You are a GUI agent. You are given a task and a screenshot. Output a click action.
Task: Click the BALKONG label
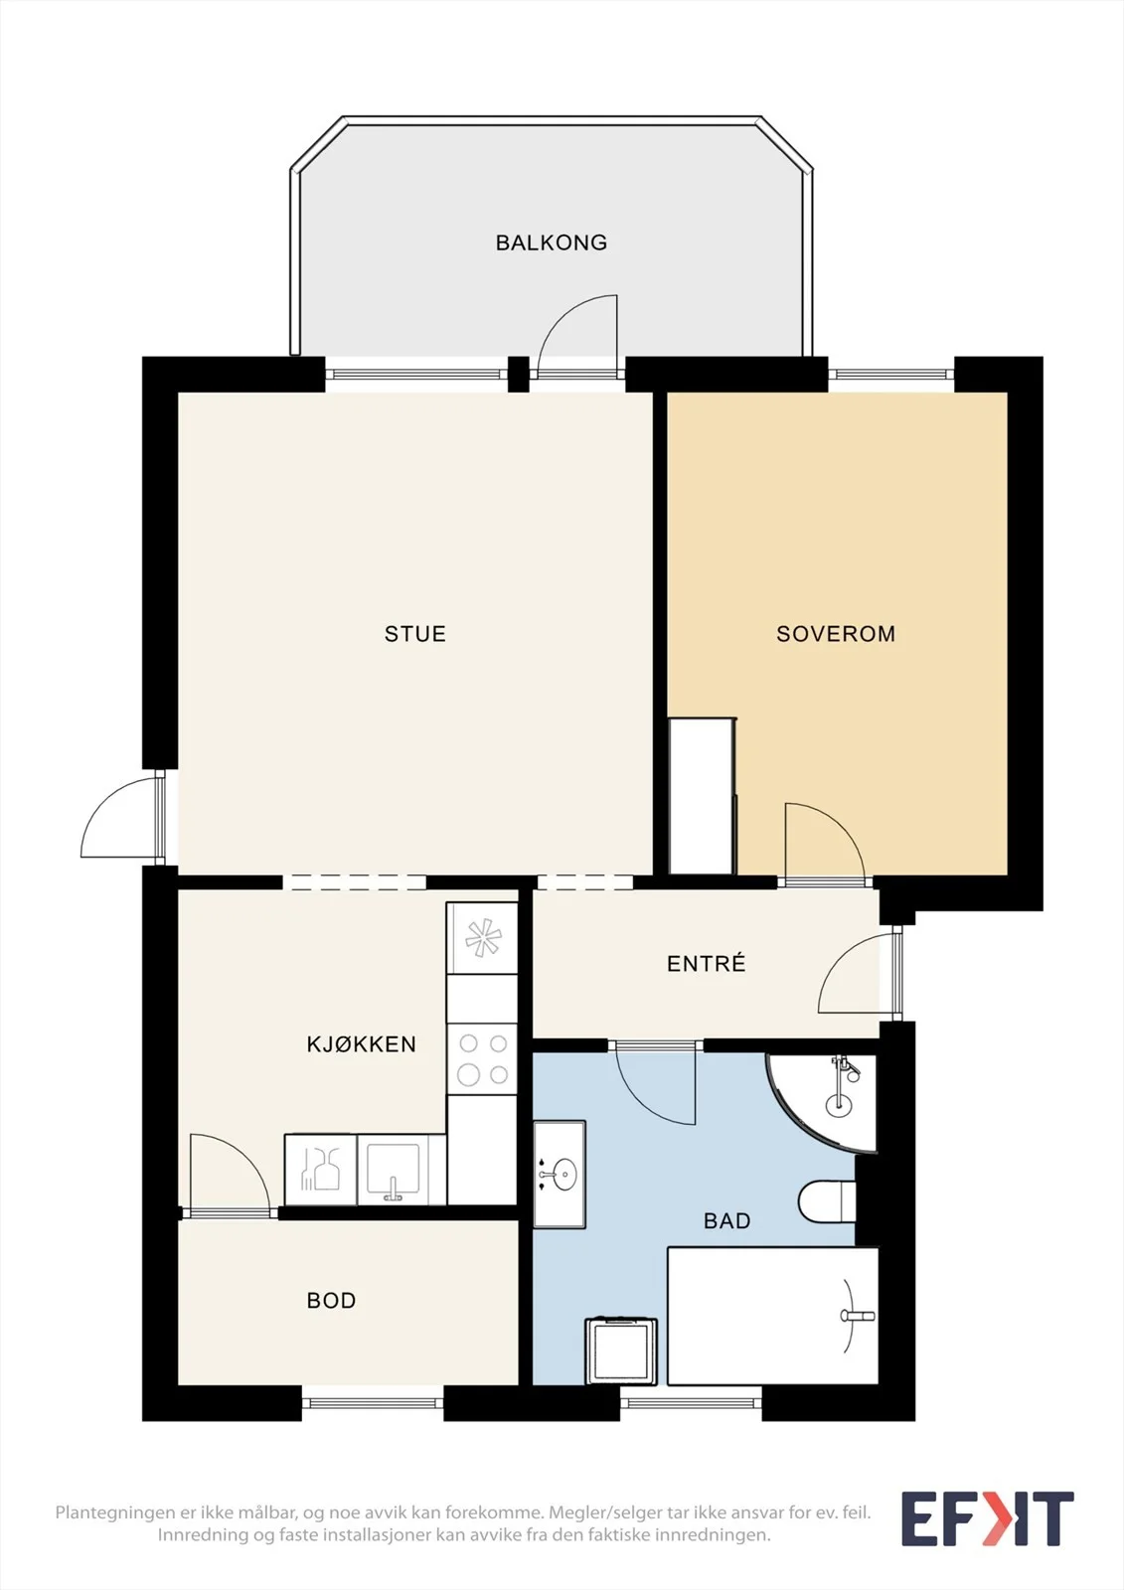[551, 242]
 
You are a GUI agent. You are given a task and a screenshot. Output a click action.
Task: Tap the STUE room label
[415, 634]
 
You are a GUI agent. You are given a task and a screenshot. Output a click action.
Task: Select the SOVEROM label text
[836, 634]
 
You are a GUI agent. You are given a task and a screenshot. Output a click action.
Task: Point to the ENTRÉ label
[707, 963]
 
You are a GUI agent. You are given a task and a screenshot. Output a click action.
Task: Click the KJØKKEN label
[362, 1043]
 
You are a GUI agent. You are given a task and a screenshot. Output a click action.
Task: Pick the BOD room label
[332, 1301]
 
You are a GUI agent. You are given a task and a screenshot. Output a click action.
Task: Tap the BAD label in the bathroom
[727, 1221]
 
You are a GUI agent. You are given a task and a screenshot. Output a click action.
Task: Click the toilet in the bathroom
[827, 1201]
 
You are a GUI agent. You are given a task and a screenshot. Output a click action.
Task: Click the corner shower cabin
[824, 1102]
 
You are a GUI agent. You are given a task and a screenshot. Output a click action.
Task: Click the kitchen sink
[401, 1170]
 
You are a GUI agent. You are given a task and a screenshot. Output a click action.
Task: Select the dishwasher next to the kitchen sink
[320, 1170]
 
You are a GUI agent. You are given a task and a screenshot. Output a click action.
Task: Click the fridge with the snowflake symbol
[482, 938]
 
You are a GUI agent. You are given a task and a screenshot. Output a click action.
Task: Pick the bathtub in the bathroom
[772, 1316]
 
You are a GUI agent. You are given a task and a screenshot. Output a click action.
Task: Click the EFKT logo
[988, 1513]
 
